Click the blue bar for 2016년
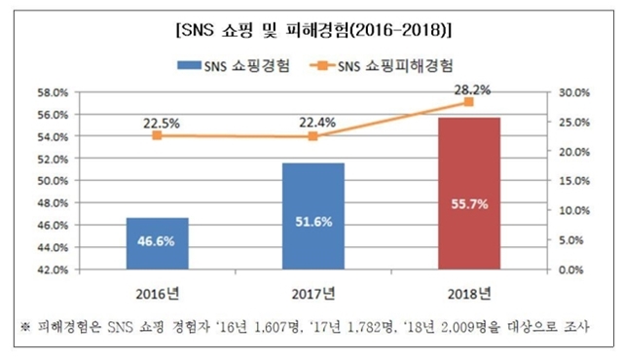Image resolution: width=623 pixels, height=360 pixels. coord(157,242)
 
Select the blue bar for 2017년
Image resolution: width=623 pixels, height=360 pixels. coord(312,215)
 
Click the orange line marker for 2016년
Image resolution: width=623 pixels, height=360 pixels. coord(157,136)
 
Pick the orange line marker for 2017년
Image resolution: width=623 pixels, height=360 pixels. coord(312,136)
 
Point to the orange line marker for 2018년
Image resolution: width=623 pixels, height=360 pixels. coord(469,102)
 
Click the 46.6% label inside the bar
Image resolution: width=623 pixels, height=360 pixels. coord(157,240)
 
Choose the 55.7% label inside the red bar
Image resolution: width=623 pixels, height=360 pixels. coord(469,205)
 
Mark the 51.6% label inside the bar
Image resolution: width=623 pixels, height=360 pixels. coord(312,222)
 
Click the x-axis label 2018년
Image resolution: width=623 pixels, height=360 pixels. coord(469,293)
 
